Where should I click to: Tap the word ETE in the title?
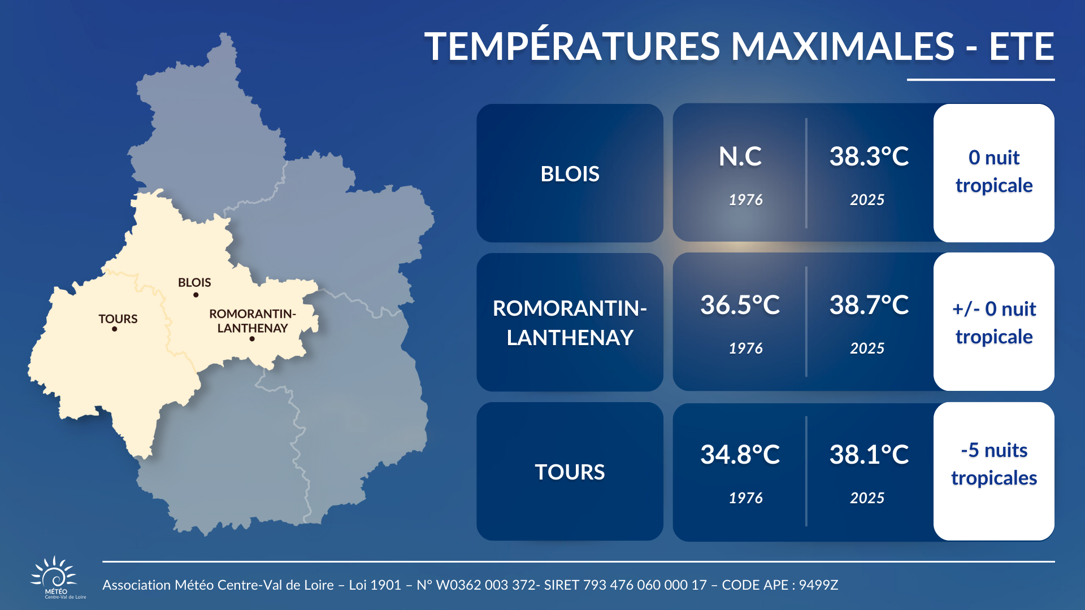coord(1022,46)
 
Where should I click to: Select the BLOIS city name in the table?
coord(570,174)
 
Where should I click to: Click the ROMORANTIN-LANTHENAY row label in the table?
coord(570,323)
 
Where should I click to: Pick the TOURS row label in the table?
coord(570,472)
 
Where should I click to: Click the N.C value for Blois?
coord(740,156)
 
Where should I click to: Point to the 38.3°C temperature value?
coord(869,156)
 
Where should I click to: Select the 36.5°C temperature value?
coord(740,305)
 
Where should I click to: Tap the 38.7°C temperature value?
coord(869,305)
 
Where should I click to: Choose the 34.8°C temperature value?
coord(740,455)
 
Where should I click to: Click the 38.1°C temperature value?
coord(869,455)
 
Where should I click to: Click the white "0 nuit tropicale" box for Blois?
coord(994,173)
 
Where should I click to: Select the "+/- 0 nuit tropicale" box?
coord(994,322)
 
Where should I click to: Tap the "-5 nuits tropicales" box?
coord(994,471)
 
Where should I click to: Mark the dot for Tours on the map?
coord(115,329)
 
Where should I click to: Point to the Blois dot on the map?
coord(196,295)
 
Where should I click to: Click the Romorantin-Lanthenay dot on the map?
coord(252,339)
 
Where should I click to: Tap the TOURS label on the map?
coord(118,319)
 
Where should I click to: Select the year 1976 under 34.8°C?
coord(745,498)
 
